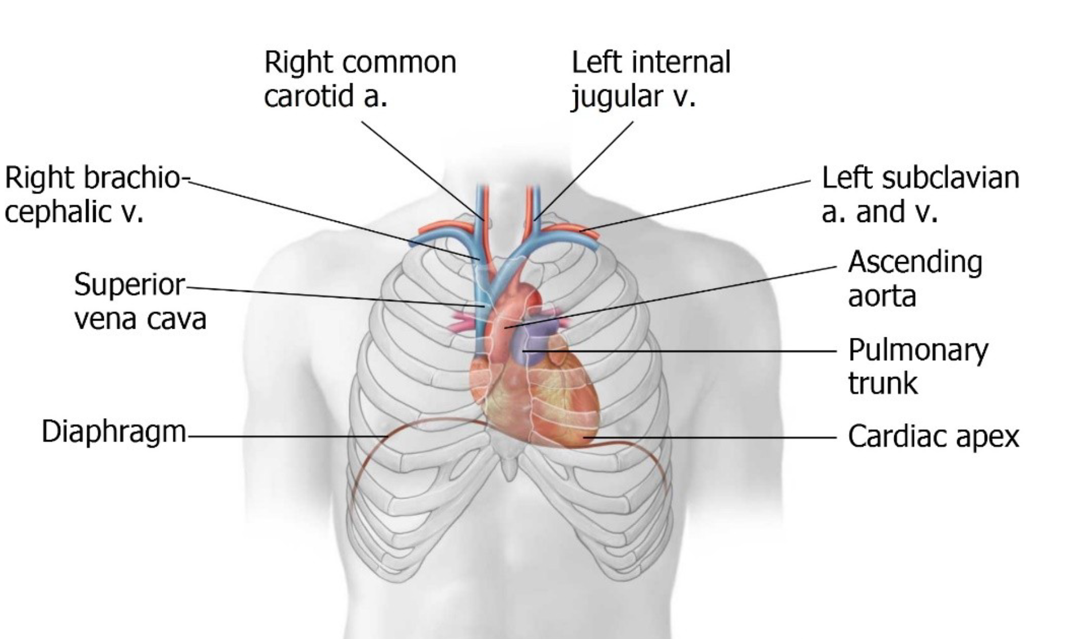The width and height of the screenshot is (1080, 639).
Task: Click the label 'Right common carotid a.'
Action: click(359, 79)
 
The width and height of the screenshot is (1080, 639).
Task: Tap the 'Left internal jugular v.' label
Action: click(651, 79)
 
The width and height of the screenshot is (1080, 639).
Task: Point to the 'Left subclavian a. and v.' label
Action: click(920, 194)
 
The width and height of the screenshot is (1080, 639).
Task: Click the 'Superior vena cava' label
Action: click(140, 301)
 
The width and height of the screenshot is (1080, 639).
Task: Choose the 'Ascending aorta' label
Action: click(915, 279)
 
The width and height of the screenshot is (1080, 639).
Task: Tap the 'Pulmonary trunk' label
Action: click(918, 366)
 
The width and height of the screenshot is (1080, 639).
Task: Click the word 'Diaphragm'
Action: click(114, 431)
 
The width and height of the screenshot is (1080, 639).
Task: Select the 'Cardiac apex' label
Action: click(933, 437)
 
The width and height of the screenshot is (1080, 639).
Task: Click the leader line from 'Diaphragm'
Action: click(287, 437)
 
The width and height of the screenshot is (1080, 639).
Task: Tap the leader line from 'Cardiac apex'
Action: click(711, 437)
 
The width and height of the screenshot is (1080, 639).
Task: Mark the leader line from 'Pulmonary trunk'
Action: click(688, 350)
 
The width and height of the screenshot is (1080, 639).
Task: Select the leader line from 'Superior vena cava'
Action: click(332, 295)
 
